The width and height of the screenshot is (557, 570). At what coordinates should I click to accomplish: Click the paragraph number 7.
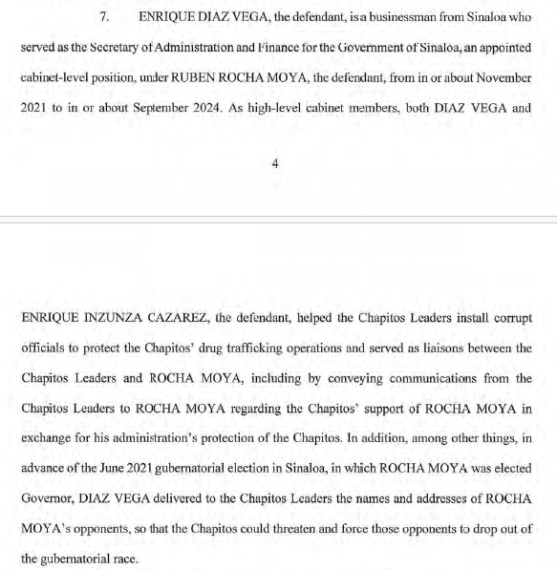tap(106, 18)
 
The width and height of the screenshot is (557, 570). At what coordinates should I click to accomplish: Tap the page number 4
tap(275, 164)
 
